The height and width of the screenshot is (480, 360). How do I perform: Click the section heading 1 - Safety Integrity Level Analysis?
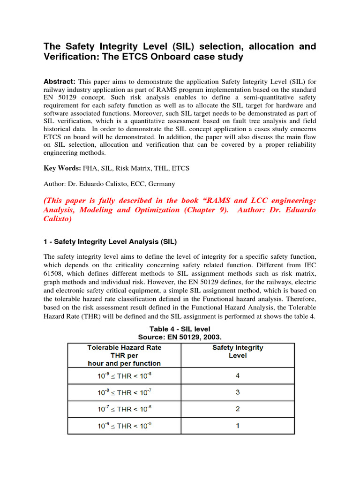[110, 242]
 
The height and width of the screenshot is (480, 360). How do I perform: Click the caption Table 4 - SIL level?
[180, 329]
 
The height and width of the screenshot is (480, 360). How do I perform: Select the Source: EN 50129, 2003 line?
[180, 337]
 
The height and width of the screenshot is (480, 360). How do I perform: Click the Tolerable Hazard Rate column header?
[124, 355]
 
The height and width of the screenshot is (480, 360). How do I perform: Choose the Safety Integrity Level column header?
[238, 352]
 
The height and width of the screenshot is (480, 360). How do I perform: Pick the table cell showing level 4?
[238, 375]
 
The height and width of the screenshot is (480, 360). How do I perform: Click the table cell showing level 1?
[238, 426]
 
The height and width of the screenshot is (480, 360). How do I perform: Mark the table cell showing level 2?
[238, 409]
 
